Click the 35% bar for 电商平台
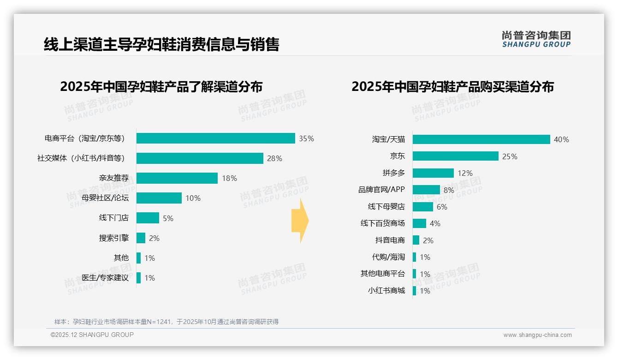coord(215,138)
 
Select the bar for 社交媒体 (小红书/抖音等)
coord(200,158)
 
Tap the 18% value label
coord(229,178)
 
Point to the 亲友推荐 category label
coord(113,178)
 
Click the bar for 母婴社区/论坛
coord(159,198)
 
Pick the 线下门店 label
coord(113,218)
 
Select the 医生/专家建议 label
coord(105,278)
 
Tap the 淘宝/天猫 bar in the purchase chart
coord(481,139)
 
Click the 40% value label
coord(561,139)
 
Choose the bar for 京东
coord(455,156)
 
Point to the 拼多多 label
coord(393,173)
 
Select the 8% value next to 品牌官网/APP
coord(449,190)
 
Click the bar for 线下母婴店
coord(422,207)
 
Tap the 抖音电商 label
coord(390,240)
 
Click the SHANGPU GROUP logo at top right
coord(536,39)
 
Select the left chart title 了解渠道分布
coord(161,87)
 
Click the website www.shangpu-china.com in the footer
coord(537,335)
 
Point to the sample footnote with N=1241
coord(166,322)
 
